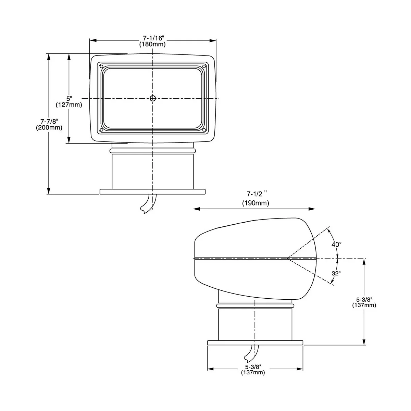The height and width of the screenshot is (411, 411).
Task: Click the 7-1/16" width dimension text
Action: [153, 38]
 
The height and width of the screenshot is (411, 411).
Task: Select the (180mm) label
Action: [152, 45]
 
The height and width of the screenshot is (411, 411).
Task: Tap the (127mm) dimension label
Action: [69, 105]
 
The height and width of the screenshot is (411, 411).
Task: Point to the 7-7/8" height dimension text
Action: [49, 121]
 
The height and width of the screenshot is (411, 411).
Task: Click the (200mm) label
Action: [49, 127]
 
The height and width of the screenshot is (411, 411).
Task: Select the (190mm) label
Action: [256, 203]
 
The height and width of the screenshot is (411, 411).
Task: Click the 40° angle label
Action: [336, 245]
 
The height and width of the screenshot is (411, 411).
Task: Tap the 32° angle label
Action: [336, 273]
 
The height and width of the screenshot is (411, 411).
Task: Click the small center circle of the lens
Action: [153, 98]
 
